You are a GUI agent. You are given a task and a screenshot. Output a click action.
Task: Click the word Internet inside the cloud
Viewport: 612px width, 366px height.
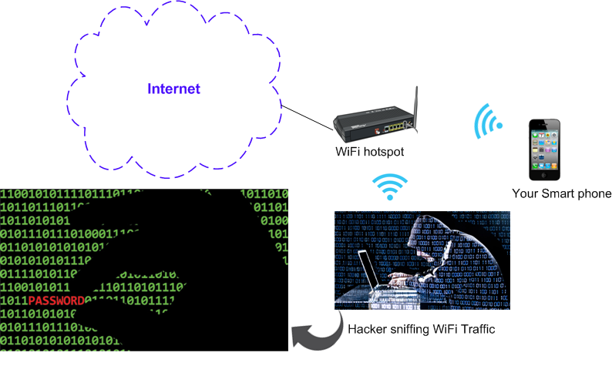173,89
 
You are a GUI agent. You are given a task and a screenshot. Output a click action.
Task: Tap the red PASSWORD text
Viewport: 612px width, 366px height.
55,300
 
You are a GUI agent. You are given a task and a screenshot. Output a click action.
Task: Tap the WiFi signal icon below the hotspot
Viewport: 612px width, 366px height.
390,187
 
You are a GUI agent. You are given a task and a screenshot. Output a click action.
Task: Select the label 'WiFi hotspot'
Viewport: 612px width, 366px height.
369,153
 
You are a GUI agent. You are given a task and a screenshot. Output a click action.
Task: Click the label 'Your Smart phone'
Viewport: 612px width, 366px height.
561,193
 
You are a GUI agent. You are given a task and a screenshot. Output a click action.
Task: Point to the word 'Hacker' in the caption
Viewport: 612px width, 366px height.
368,331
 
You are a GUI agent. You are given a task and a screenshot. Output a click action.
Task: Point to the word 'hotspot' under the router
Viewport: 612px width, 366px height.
383,153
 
